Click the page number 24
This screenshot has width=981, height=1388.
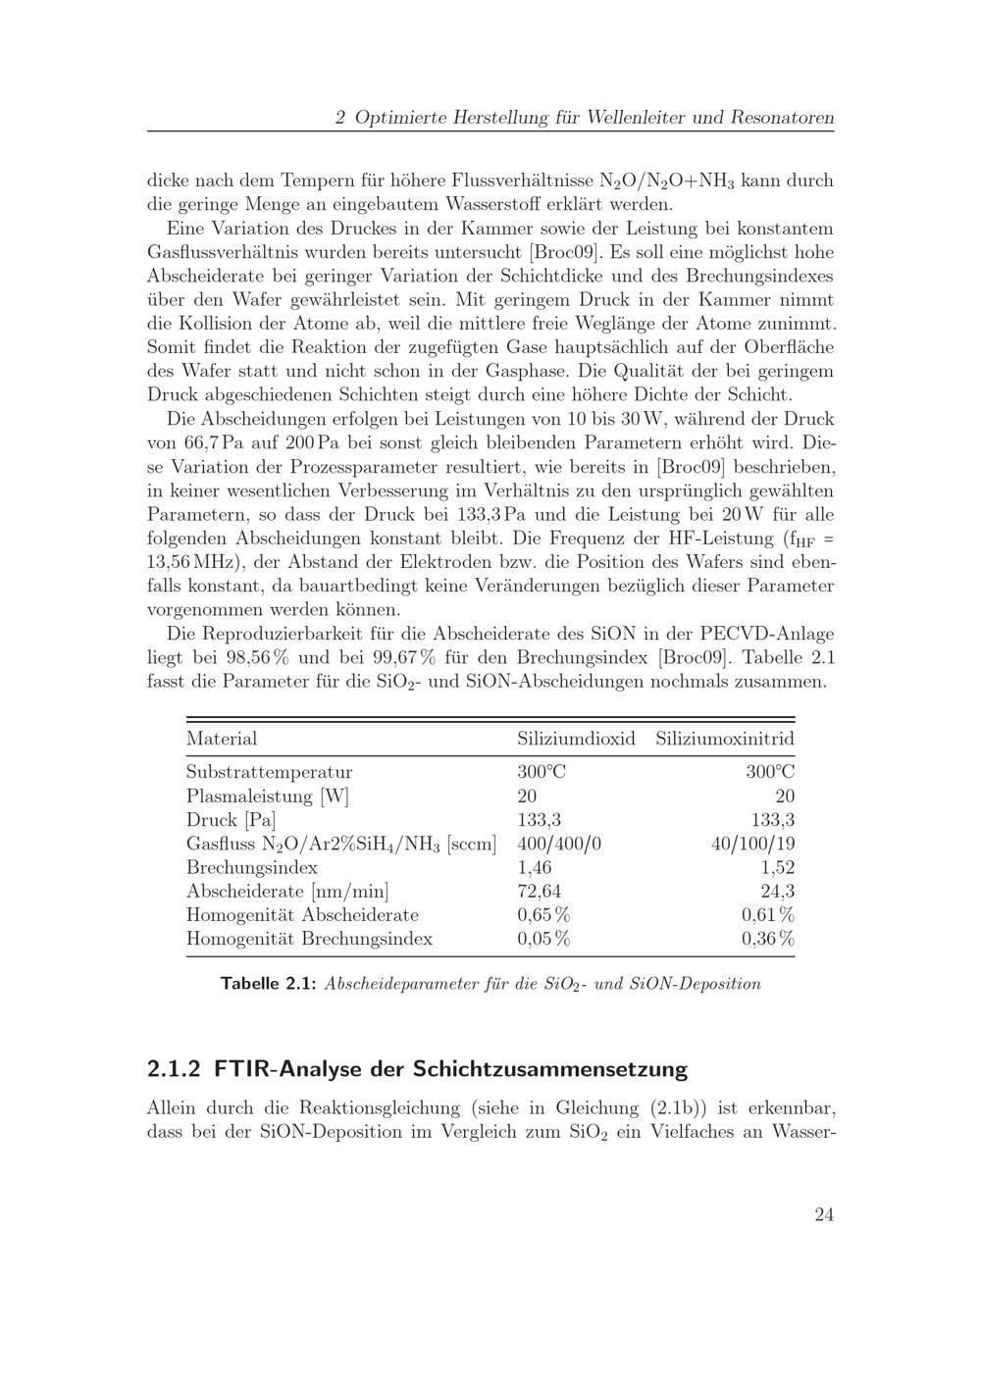823,1214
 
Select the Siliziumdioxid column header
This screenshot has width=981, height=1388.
576,739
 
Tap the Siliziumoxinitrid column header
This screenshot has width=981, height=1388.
725,739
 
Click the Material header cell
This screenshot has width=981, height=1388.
222,739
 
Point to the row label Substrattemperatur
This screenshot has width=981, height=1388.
269,772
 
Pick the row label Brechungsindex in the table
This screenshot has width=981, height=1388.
251,867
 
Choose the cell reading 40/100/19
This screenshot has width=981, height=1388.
752,844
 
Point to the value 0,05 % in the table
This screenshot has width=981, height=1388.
543,939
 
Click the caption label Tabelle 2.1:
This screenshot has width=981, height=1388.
268,983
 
